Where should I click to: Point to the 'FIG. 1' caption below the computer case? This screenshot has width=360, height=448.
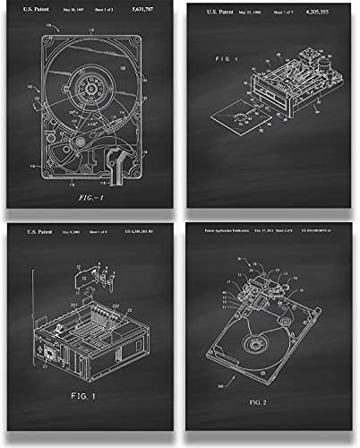click(x=90, y=419)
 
